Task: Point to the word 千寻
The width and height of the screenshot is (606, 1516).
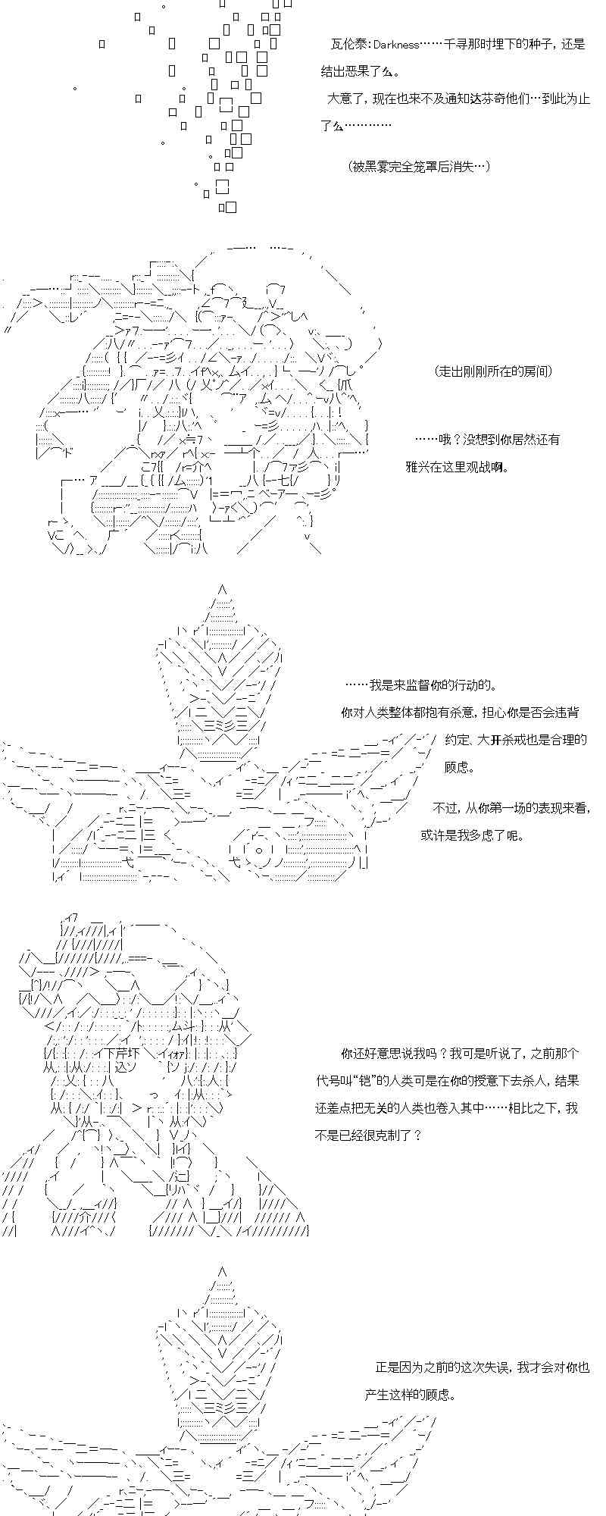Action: coord(454,45)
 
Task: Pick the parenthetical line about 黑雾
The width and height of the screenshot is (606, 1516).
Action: coord(419,166)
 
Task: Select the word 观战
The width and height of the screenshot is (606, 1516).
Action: coord(483,466)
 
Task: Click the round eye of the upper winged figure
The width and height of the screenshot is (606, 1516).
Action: coord(260,848)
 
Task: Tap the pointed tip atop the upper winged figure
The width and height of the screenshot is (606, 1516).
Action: coord(222,587)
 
